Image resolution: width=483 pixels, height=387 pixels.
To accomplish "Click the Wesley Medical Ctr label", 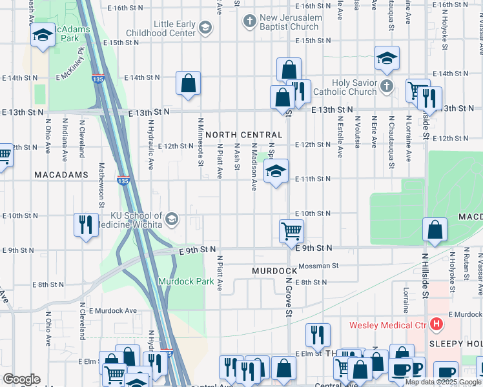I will click(x=389, y=325).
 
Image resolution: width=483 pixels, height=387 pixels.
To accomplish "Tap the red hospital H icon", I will click(x=437, y=324).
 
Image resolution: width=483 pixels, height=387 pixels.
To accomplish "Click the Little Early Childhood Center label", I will click(x=174, y=28).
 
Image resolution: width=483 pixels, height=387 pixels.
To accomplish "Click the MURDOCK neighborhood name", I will click(x=274, y=271).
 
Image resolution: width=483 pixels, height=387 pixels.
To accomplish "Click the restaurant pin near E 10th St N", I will click(x=86, y=224).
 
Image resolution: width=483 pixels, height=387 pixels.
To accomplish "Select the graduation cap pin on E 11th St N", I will click(x=276, y=172).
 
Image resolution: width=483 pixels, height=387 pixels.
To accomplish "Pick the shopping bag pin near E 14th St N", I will click(x=189, y=83).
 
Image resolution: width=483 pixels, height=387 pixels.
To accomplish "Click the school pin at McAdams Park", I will click(x=43, y=35).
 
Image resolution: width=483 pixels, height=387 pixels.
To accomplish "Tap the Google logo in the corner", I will click(x=21, y=379).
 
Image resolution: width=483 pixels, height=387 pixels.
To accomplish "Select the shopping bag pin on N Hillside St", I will click(x=435, y=230).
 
